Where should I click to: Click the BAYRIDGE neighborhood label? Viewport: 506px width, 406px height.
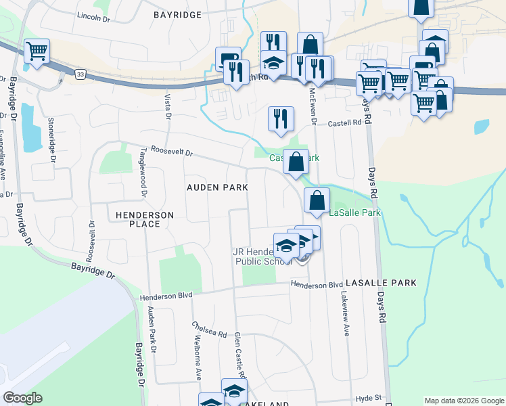[177, 14]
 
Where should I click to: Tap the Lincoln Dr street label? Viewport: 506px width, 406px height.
[93, 16]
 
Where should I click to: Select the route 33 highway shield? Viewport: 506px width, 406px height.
[80, 76]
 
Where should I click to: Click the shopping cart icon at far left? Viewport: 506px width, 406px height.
[37, 52]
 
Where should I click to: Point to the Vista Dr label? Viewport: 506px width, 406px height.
[167, 106]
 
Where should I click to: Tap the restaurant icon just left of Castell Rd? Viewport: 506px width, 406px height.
[280, 119]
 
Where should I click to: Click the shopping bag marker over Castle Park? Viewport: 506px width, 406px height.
[296, 162]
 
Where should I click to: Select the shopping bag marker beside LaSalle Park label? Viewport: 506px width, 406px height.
[317, 201]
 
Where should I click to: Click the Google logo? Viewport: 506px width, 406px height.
[23, 398]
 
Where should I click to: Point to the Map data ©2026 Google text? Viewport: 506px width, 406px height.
[463, 401]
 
